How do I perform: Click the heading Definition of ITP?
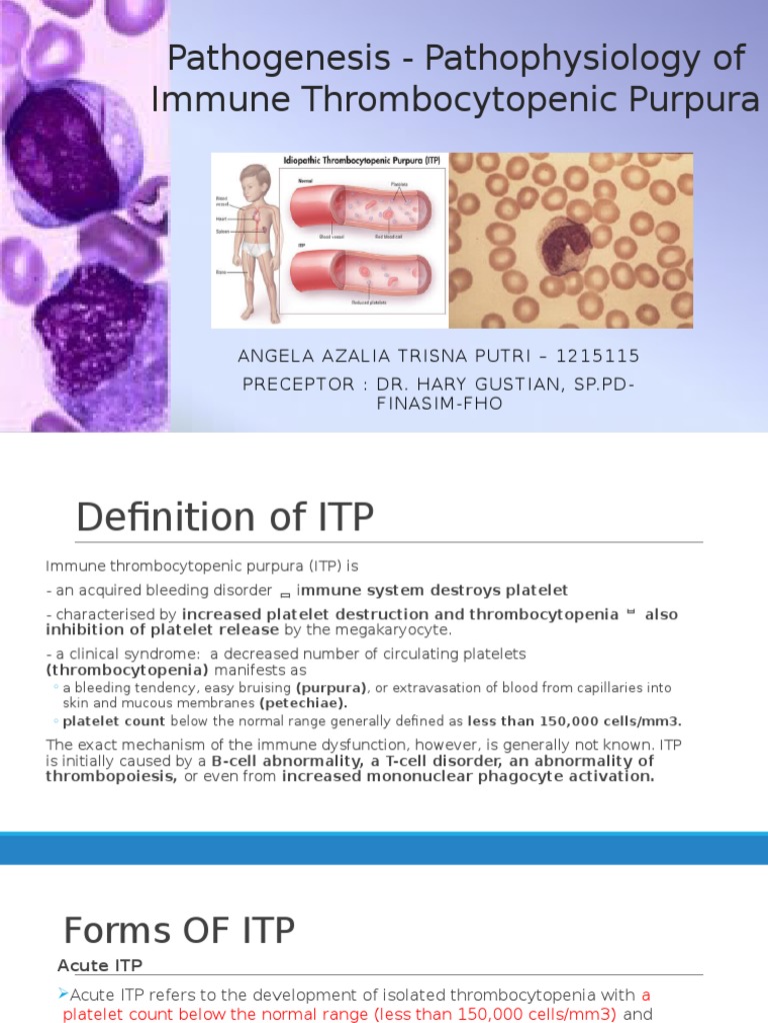(x=225, y=518)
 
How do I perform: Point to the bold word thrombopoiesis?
(x=111, y=776)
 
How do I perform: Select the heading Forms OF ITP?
(x=179, y=930)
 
